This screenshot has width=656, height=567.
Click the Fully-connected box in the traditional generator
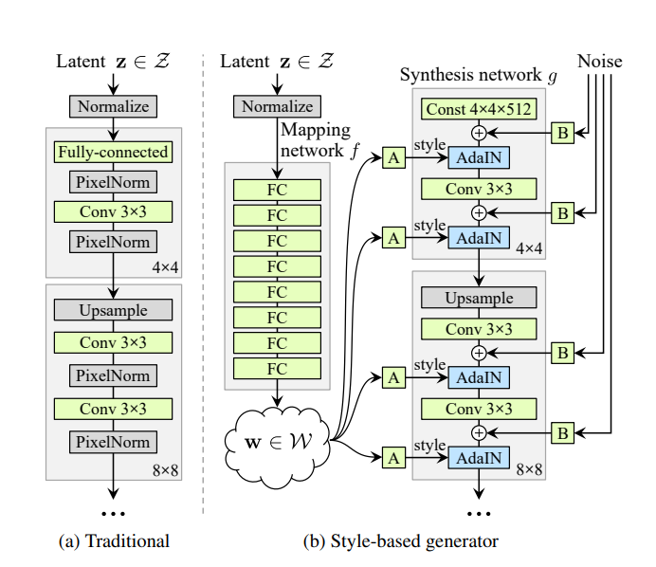pos(113,152)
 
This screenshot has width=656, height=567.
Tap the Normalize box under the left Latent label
pos(113,106)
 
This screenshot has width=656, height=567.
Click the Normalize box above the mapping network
pos(277,106)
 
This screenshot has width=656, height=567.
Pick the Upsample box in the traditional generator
pos(113,310)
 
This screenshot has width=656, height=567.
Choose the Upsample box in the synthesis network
pos(479,298)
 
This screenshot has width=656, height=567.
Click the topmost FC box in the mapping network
pos(277,190)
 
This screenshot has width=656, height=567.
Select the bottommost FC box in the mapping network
pos(277,368)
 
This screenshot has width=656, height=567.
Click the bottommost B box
pos(562,433)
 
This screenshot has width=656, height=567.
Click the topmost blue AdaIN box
pos(479,157)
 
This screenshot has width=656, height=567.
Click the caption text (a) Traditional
pos(114,541)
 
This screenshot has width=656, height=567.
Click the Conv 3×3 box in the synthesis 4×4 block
pos(479,189)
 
